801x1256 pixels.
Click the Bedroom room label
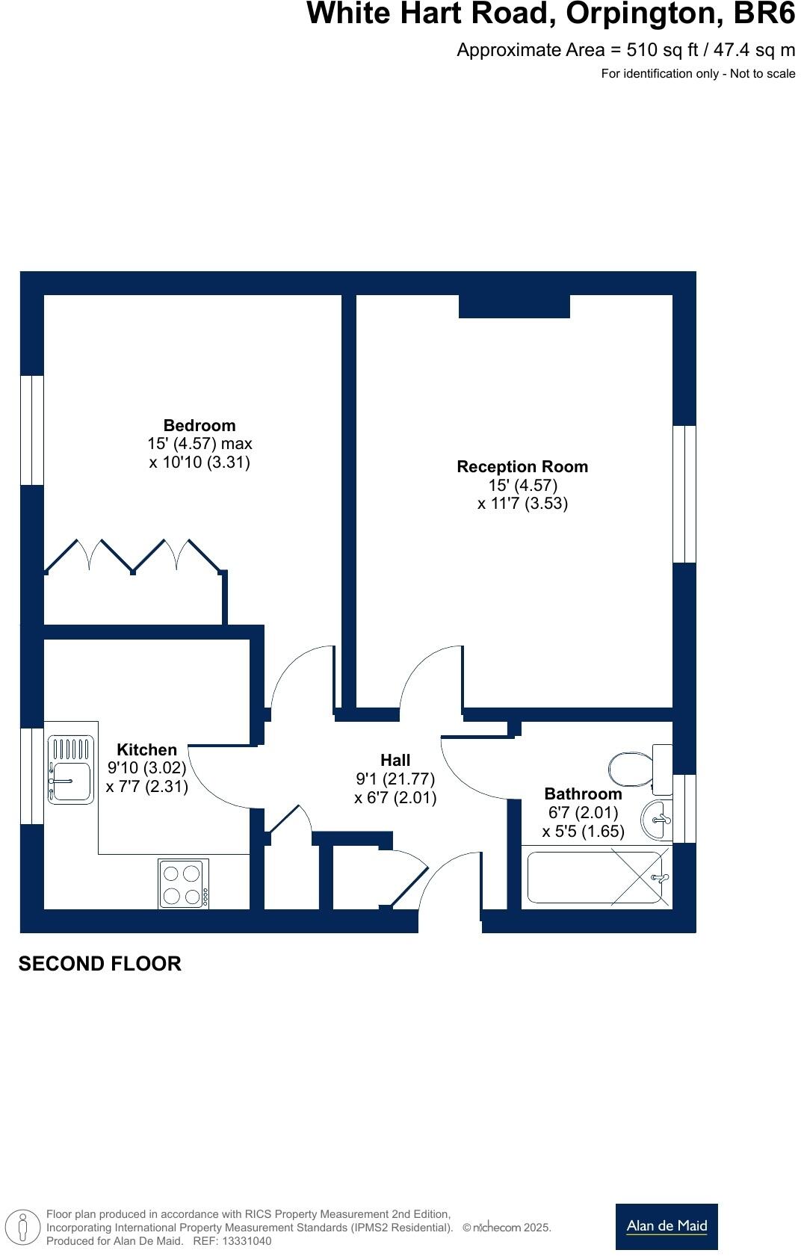point(199,426)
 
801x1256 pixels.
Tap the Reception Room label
point(522,467)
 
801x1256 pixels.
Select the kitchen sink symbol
point(71,770)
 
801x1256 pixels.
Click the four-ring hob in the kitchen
point(183,884)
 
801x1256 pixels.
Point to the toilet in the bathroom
point(634,770)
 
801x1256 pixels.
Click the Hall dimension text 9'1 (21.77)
point(395,779)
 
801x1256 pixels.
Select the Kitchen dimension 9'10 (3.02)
point(146,768)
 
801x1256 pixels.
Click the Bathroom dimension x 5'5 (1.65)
point(583,832)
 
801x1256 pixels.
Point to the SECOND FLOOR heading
point(99,964)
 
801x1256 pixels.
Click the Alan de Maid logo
point(666,1226)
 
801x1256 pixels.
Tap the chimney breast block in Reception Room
point(514,306)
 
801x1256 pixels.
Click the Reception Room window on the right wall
point(684,494)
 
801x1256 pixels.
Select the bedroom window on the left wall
point(31,430)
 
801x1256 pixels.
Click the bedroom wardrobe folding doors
point(133,557)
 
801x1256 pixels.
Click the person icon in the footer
point(22,1228)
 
